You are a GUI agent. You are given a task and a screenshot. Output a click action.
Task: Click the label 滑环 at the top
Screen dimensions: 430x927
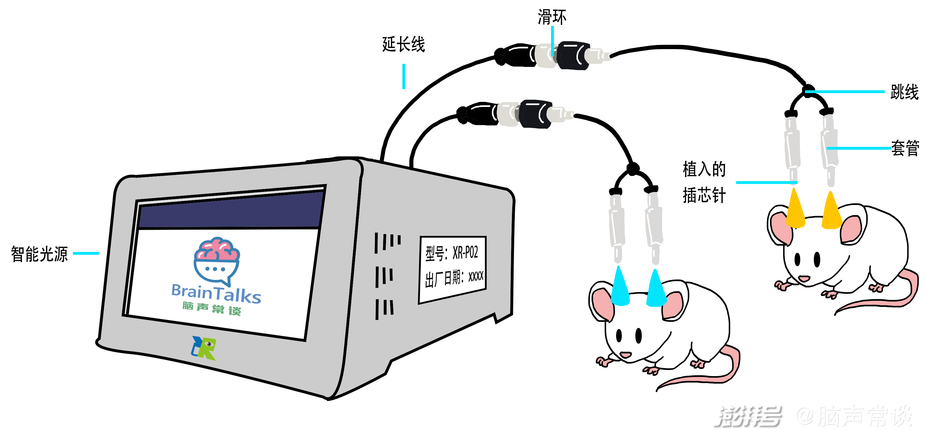click(x=552, y=17)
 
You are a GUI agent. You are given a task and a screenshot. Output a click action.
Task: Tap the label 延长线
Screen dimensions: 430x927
click(x=403, y=44)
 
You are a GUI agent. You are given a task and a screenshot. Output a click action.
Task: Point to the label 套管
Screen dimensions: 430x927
click(x=905, y=148)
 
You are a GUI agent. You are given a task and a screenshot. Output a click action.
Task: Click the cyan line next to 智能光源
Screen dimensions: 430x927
click(x=86, y=253)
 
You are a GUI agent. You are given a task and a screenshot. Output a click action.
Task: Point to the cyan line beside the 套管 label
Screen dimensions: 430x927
click(x=858, y=148)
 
